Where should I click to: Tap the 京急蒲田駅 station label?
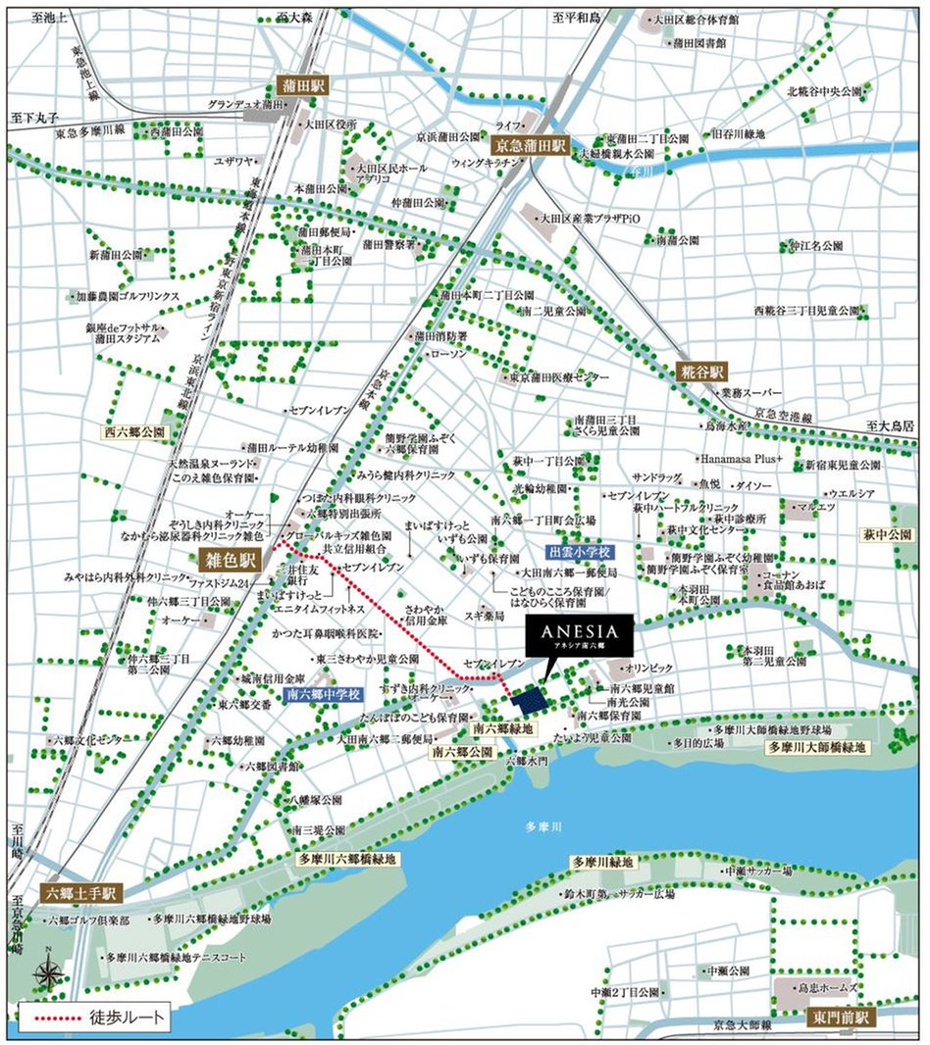pyautogui.click(x=533, y=143)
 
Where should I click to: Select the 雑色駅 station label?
pyautogui.click(x=228, y=561)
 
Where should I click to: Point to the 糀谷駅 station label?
pyautogui.click(x=702, y=372)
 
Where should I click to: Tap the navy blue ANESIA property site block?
pyautogui.click(x=529, y=699)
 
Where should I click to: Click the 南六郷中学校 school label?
pyautogui.click(x=326, y=694)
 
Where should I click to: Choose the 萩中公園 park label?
pyautogui.click(x=887, y=536)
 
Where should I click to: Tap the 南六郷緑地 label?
pyautogui.click(x=502, y=729)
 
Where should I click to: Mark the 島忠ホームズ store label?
pyautogui.click(x=830, y=987)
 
